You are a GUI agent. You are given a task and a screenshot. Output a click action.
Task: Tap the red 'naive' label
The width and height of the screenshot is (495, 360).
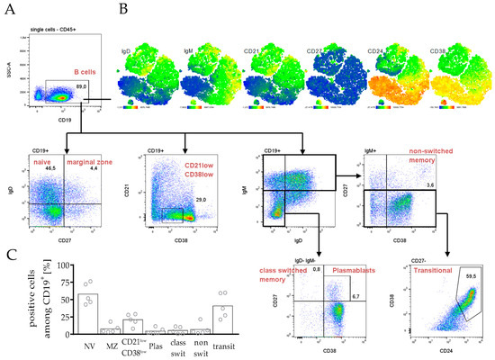(42, 159)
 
